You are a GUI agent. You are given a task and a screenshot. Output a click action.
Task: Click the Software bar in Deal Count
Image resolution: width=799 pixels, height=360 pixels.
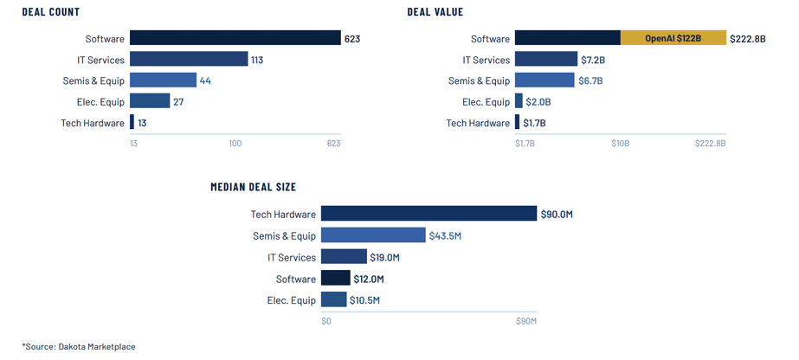point(235,39)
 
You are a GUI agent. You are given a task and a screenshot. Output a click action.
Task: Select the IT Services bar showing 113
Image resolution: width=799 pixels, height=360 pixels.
point(189,60)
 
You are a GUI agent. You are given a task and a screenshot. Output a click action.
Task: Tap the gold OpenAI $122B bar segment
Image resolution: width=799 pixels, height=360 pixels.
point(673,39)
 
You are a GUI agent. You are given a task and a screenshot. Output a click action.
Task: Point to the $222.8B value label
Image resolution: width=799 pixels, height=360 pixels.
point(748,39)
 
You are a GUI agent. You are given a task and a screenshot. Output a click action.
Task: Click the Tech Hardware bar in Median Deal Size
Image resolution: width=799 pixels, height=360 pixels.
point(428,214)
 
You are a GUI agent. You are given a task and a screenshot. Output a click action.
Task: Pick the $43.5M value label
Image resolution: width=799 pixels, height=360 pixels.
point(446,235)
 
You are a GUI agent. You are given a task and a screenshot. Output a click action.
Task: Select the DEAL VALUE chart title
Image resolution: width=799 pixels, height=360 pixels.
point(435,12)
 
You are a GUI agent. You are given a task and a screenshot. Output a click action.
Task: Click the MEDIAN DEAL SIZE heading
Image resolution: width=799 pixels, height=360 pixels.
point(253,187)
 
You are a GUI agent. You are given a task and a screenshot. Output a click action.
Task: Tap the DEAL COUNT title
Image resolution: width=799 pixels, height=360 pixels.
point(51,12)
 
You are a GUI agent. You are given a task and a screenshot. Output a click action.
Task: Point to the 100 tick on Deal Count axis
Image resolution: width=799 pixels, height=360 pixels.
point(235,144)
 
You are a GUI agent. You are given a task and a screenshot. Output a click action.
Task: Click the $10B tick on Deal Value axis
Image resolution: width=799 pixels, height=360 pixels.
point(620,144)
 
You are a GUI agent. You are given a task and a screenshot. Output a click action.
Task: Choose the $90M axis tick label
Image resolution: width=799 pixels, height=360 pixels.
point(526,321)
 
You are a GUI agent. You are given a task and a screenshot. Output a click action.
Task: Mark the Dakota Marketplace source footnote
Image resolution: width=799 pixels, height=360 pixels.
point(79,347)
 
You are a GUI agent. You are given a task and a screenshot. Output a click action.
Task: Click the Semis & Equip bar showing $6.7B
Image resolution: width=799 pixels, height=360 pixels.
point(544,80)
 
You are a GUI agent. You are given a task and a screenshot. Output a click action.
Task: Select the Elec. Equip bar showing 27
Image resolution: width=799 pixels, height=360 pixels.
point(150,101)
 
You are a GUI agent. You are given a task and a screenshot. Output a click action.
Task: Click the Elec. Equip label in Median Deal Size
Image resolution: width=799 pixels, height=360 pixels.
point(292,299)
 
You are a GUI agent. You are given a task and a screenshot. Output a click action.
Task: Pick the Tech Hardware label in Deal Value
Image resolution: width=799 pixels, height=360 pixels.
point(478,123)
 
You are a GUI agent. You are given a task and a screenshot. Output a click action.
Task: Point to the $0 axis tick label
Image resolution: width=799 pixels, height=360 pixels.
point(326,321)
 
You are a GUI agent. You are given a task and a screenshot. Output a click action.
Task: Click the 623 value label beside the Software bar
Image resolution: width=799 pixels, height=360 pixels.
point(352,39)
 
